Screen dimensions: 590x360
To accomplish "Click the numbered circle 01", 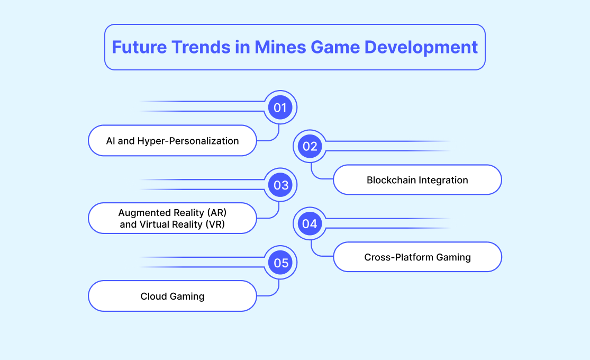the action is (x=280, y=107).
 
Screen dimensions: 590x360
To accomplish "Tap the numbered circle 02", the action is (x=310, y=146).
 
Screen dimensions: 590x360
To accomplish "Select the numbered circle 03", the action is (x=280, y=185).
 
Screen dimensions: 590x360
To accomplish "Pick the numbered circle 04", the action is (x=310, y=224).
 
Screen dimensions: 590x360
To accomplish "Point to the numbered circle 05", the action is (x=280, y=263).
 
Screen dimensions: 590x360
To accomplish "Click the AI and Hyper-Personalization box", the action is (x=173, y=140).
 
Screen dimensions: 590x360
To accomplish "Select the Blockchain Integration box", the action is (x=417, y=179).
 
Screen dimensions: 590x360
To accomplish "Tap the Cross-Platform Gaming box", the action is (x=417, y=257).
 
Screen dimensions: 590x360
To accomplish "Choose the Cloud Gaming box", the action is (x=173, y=296).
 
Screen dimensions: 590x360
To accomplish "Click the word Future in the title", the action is (x=139, y=48).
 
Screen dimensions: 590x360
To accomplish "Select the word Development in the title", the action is (x=421, y=48).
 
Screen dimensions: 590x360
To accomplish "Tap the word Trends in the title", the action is (x=201, y=48).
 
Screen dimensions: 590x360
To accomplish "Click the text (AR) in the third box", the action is (x=217, y=213).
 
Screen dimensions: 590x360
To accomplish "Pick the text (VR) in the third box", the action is (x=215, y=224).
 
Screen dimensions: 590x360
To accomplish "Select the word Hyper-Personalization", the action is (x=188, y=141).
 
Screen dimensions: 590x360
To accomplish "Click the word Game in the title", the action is (x=335, y=48).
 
